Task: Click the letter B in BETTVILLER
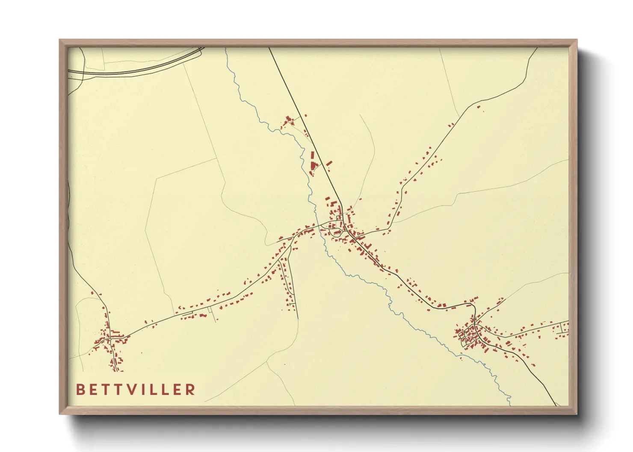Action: [80, 390]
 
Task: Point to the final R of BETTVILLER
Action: [191, 390]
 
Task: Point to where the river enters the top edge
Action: [226, 48]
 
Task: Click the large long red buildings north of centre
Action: [313, 160]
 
